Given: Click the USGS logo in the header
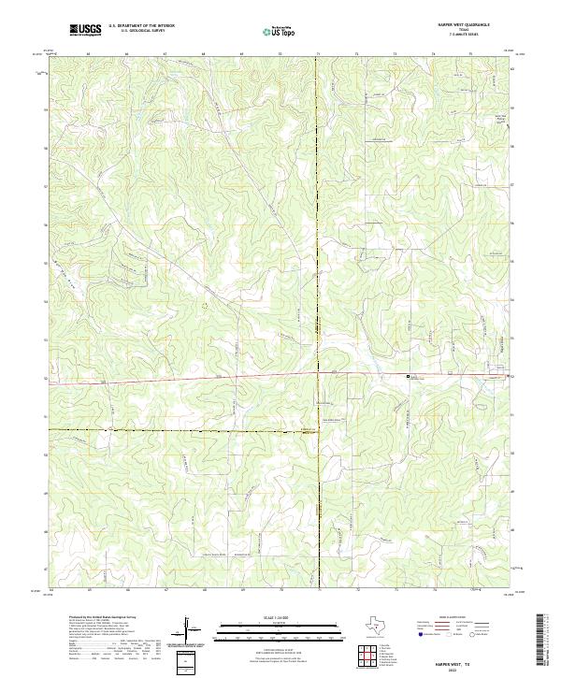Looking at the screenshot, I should click(x=86, y=30).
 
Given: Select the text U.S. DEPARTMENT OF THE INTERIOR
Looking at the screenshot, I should click(x=141, y=27).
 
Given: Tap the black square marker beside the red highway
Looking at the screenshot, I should click(x=408, y=376).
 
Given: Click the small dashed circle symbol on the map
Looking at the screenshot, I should click(x=205, y=305).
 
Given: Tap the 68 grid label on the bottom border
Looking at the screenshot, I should click(x=204, y=590).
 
